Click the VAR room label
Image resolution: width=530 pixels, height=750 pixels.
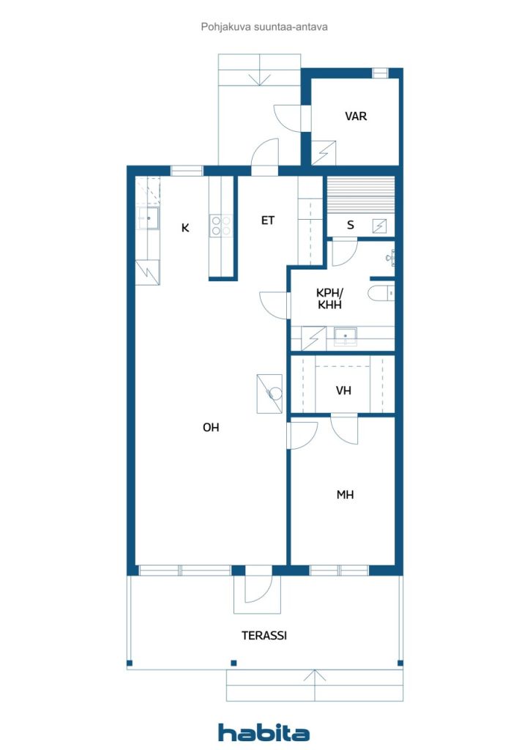(x=356, y=116)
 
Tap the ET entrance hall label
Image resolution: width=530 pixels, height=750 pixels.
(x=268, y=220)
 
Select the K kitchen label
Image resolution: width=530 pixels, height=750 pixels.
(x=185, y=229)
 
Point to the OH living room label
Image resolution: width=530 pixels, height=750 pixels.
(x=211, y=427)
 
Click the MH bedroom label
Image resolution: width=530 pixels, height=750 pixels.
(x=345, y=494)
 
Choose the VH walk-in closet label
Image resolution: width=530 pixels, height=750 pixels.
(x=343, y=391)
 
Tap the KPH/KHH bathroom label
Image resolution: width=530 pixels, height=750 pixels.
(x=329, y=299)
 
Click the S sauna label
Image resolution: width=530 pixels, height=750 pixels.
(x=351, y=226)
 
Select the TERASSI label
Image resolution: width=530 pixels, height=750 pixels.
(x=264, y=636)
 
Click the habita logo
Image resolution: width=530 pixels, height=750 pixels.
(x=264, y=732)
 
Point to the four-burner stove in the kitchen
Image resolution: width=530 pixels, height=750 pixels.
(x=221, y=226)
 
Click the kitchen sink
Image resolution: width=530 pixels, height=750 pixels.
(x=149, y=218)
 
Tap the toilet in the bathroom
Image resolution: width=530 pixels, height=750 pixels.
(x=381, y=292)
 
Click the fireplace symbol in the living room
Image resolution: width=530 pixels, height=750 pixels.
(x=269, y=393)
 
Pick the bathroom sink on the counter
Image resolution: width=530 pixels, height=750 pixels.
(x=345, y=336)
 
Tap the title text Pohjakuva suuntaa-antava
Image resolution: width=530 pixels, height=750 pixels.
(x=264, y=27)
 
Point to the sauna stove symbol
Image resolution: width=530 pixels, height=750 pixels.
(x=379, y=226)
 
